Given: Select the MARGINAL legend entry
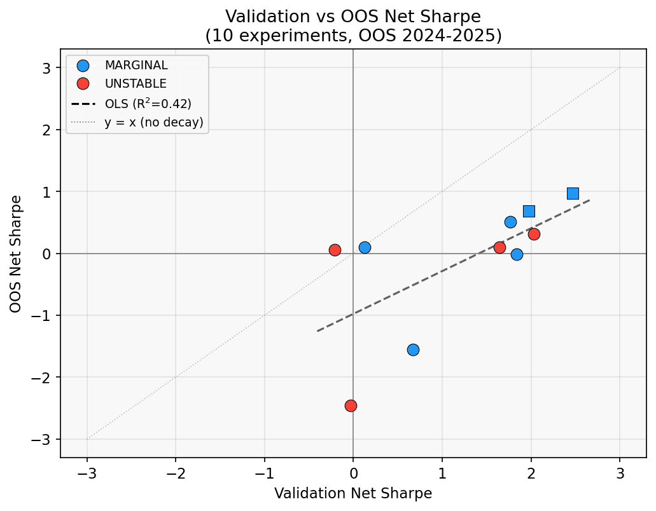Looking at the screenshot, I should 136,65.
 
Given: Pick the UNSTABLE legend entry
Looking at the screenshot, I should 136,83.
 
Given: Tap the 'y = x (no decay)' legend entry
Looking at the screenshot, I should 153,122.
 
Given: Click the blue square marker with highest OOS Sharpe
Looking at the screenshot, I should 573,193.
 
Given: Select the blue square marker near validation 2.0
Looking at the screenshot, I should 529,211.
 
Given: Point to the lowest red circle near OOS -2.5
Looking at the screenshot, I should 351,405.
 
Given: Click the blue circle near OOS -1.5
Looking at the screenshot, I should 413,350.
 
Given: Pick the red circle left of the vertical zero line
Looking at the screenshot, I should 335,250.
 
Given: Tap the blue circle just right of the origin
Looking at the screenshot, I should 365,247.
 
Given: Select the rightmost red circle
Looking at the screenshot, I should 534,234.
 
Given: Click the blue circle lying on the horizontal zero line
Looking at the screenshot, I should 517,254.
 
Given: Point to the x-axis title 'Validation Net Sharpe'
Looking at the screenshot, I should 353,493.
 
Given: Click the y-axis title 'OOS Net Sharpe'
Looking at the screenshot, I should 16,254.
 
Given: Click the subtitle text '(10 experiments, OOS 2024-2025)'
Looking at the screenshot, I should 353,36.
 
